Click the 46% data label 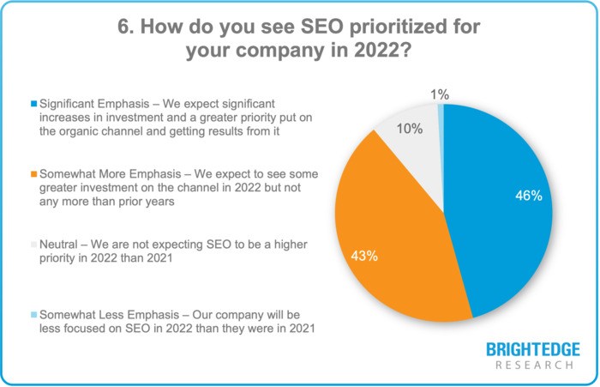[x=527, y=196]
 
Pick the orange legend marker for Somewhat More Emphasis [x=33, y=174]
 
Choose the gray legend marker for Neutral [x=33, y=244]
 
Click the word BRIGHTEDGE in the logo [x=533, y=350]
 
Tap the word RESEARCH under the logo [x=533, y=366]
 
